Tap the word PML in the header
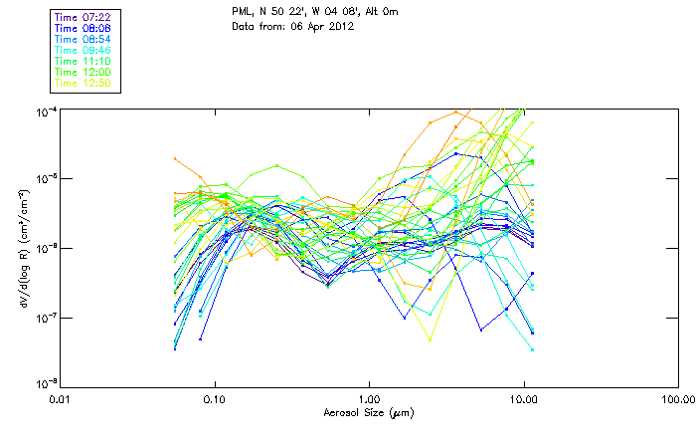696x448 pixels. [241, 12]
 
